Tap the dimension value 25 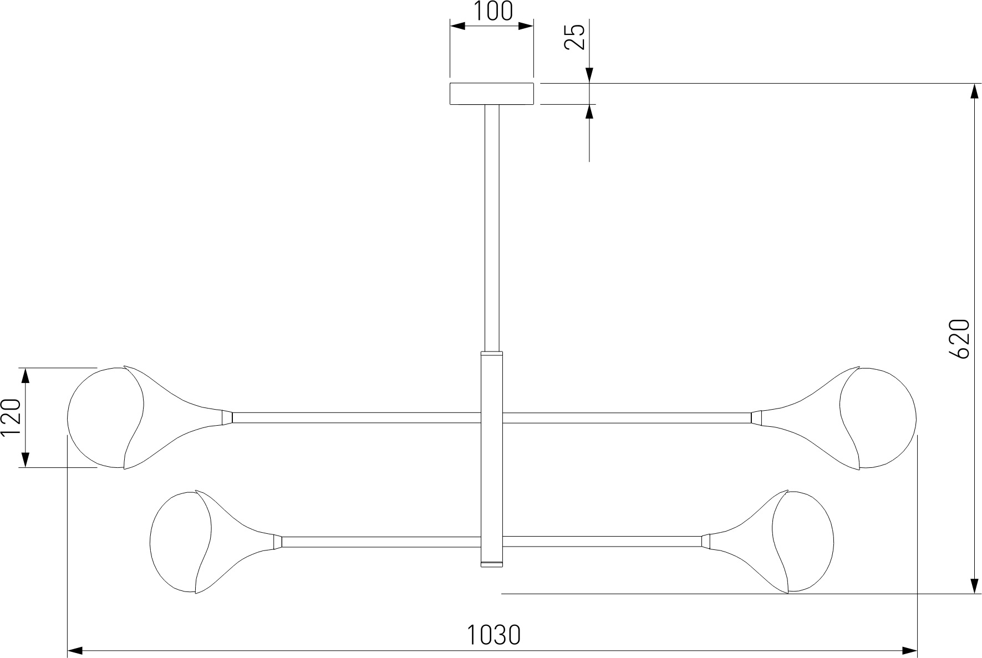coord(575,37)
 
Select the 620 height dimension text coord(959,339)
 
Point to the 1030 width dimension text coord(493,635)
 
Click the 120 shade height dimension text coord(11,418)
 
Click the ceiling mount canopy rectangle coord(491,94)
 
